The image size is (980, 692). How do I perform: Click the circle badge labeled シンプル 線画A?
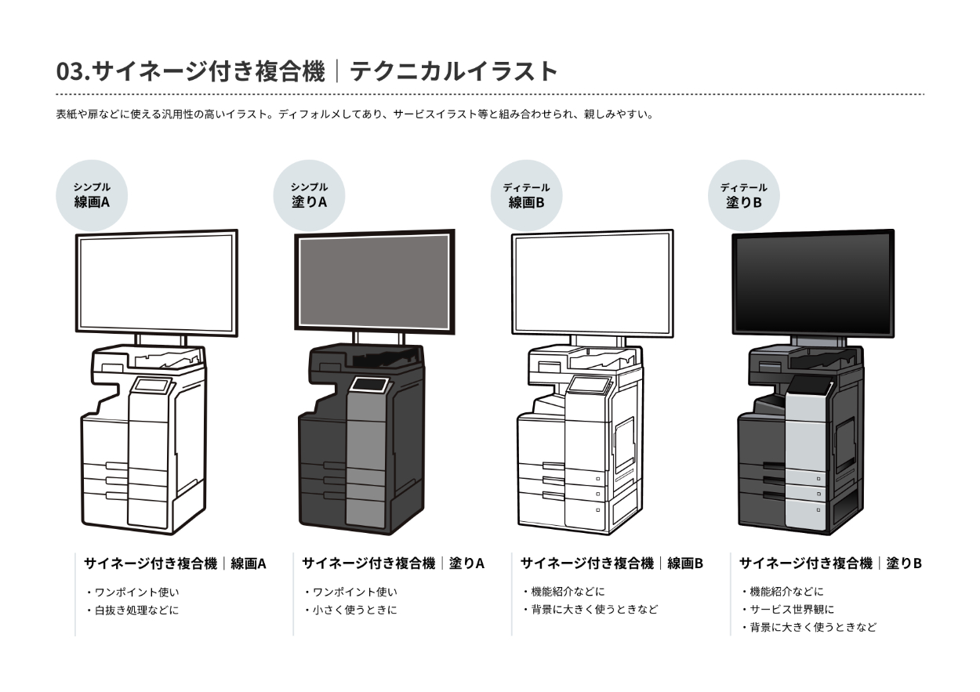[x=92, y=195]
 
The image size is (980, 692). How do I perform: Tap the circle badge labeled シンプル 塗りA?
[x=309, y=195]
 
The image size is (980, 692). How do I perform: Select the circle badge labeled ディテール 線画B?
[x=526, y=195]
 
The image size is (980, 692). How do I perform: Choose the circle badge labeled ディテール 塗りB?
[x=744, y=195]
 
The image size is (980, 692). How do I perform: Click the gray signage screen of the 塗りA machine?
[x=373, y=281]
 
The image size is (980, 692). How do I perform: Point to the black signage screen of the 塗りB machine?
[x=812, y=284]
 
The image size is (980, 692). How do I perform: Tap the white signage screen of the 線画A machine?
[x=157, y=282]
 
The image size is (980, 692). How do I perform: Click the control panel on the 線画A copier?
[x=152, y=386]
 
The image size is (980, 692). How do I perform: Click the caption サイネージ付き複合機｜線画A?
[x=175, y=563]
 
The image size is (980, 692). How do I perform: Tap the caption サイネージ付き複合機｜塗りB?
[x=830, y=563]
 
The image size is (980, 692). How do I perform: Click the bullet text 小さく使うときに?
[x=354, y=610]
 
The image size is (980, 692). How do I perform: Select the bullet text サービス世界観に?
[x=792, y=610]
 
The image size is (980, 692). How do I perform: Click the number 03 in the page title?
[x=71, y=71]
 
